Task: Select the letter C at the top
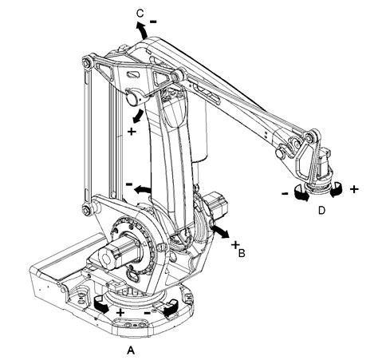coord(140,14)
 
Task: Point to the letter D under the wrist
coord(321,211)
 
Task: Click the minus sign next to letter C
coord(152,14)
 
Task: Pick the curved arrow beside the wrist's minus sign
coord(301,192)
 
